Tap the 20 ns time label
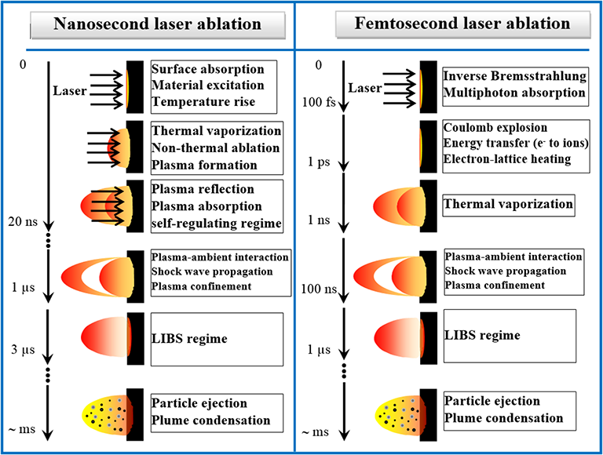pyautogui.click(x=23, y=222)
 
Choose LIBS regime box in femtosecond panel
pyautogui.click(x=509, y=335)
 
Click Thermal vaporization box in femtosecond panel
pyautogui.click(x=508, y=204)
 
